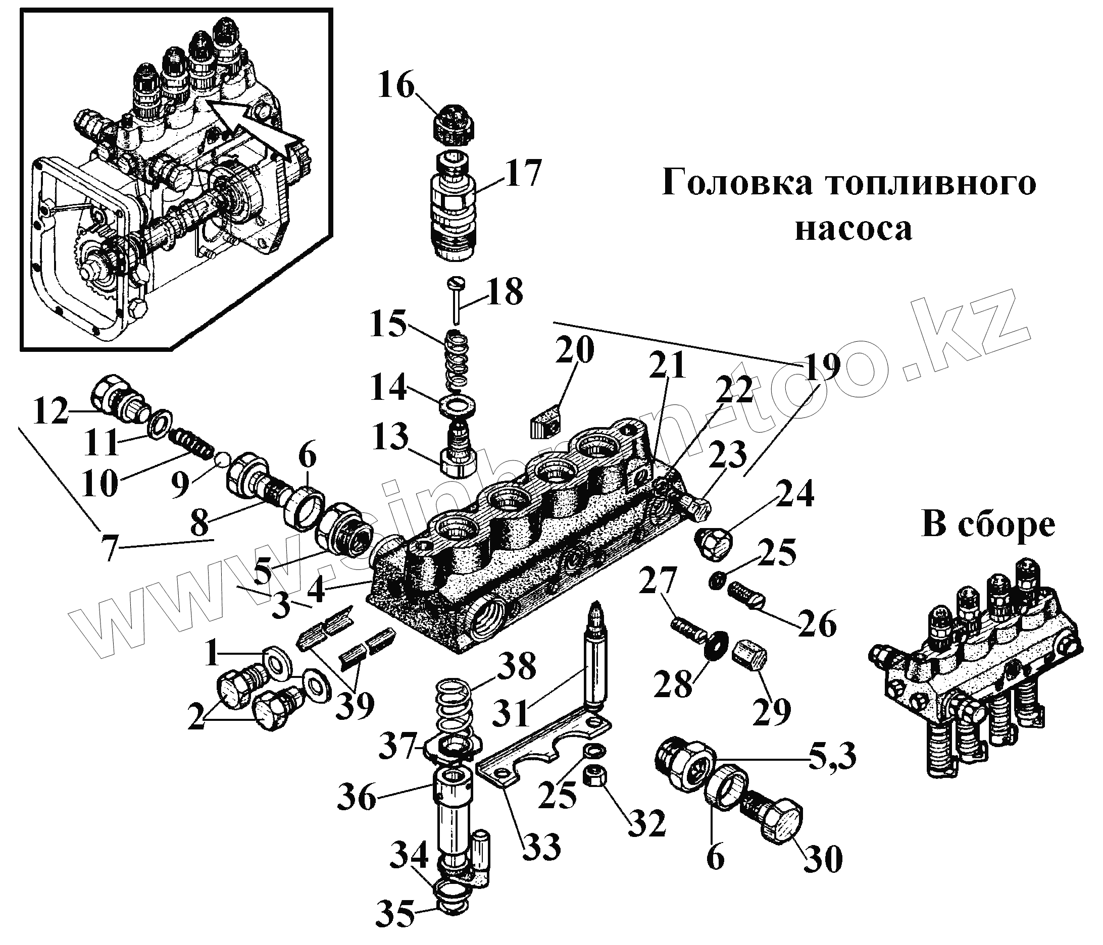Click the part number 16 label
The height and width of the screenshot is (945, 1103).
pos(395,86)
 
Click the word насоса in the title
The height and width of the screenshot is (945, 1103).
pos(854,230)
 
